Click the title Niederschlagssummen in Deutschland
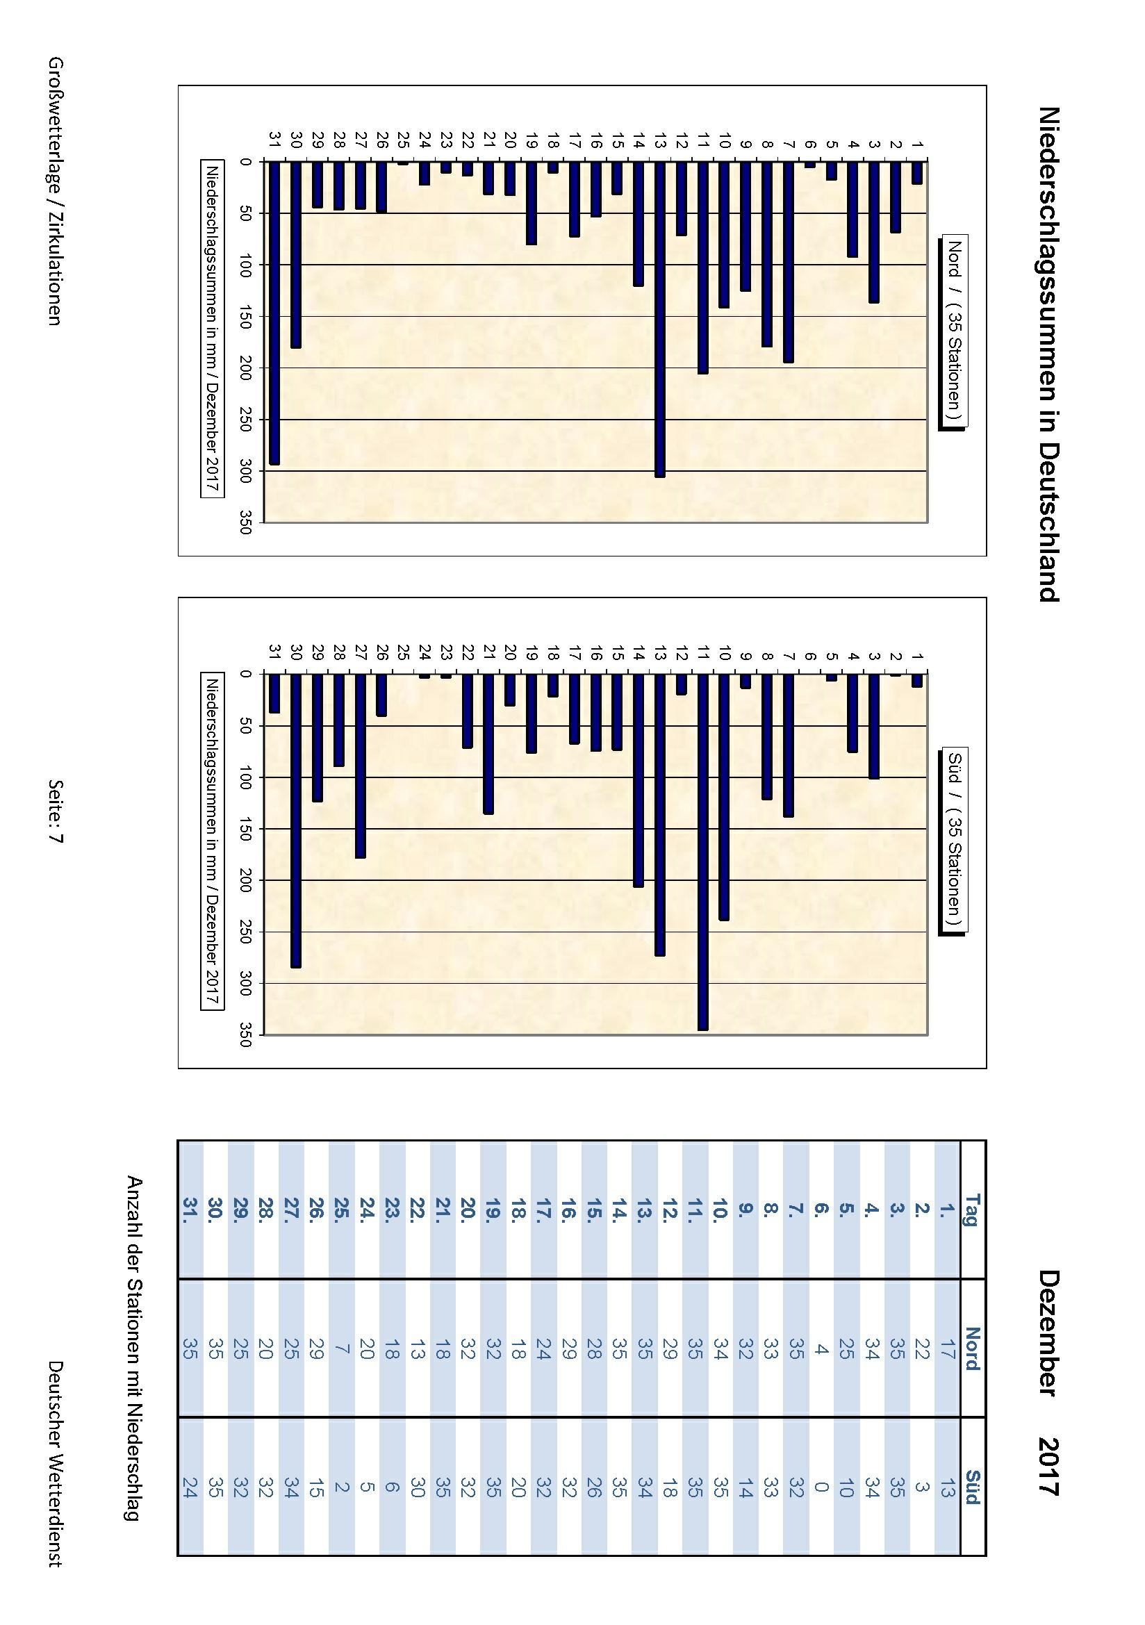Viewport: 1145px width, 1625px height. [x=1048, y=354]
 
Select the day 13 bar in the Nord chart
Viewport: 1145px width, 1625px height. [x=659, y=318]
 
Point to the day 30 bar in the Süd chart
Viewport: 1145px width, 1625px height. [x=296, y=820]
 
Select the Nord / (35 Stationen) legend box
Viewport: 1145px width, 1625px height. [x=953, y=332]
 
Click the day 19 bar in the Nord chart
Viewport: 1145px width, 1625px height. [x=532, y=203]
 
